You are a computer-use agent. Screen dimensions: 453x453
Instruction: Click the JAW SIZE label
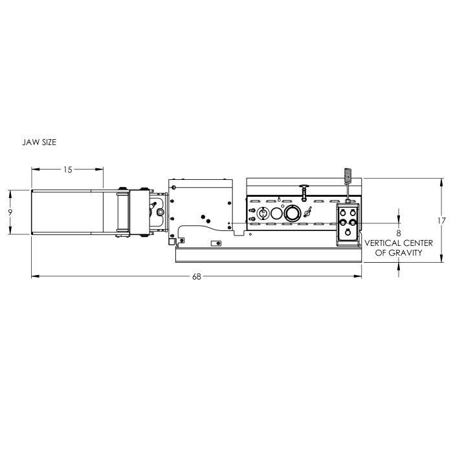click(39, 142)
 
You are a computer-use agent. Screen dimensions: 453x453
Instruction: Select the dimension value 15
click(67, 170)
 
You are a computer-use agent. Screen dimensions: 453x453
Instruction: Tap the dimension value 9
click(10, 213)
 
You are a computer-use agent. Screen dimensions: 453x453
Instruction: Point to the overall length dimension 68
click(197, 277)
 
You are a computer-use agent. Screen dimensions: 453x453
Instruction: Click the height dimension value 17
click(441, 221)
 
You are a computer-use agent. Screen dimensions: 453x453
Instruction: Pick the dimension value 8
click(399, 233)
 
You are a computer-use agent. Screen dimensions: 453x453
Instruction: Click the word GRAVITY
click(406, 253)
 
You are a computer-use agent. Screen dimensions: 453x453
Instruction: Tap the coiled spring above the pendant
click(348, 175)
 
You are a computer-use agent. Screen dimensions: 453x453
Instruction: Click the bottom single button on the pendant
click(348, 232)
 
